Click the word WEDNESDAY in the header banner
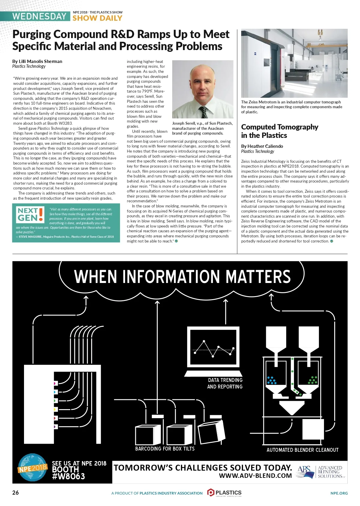point(39,16)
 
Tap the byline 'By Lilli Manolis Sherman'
point(37,61)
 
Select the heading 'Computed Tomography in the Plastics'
point(279,131)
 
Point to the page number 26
point(16,493)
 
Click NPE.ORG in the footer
point(339,493)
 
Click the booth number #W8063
point(68,476)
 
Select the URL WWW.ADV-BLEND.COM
point(255,475)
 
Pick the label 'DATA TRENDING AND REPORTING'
point(225,383)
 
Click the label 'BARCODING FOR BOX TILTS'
point(165,449)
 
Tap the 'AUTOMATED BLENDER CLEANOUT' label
point(302,450)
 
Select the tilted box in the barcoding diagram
point(211,433)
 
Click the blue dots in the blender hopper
point(272,380)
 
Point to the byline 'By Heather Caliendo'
point(262,146)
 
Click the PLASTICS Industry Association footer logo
point(224,493)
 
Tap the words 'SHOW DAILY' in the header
point(97,18)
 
